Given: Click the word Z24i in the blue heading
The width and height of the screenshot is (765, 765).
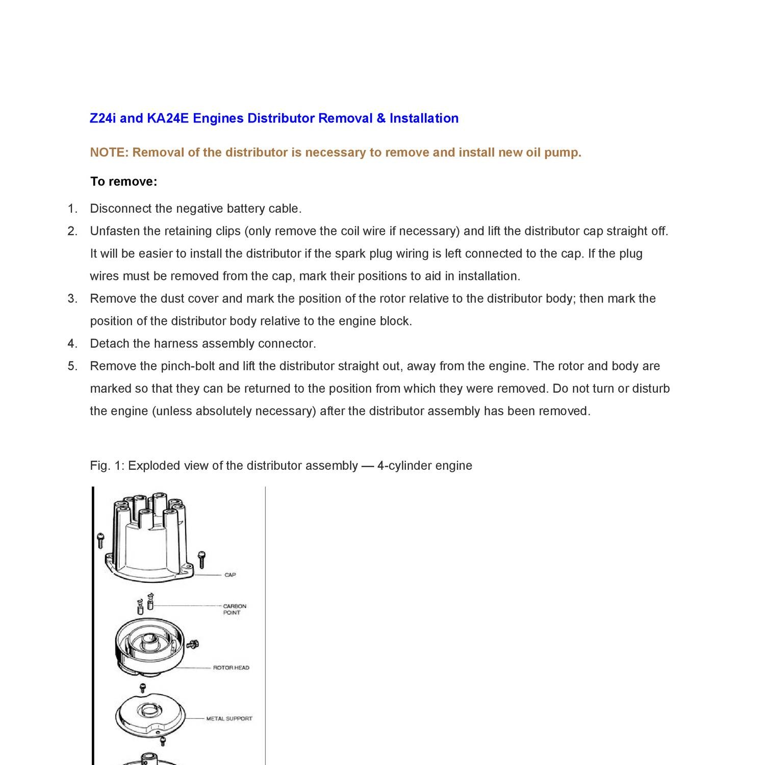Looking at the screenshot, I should pos(103,118).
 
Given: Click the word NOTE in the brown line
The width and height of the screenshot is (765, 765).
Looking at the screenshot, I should pos(109,152).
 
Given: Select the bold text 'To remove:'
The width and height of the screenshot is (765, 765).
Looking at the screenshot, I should pos(124,182).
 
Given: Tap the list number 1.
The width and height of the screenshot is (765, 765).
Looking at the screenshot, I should pos(72,209).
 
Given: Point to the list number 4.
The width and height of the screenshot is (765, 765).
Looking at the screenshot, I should pos(72,344).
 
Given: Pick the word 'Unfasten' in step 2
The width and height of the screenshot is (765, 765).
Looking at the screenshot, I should pos(115,231).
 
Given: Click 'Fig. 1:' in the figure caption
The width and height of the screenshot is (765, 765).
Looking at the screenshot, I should pos(107,466).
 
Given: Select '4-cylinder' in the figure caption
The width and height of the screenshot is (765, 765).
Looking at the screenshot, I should pos(401,466).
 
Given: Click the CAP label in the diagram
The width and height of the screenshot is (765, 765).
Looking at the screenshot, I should pos(230,575).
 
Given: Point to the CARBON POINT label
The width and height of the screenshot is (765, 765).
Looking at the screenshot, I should pos(234,609).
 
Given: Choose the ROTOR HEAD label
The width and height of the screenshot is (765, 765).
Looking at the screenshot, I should pos(231,668).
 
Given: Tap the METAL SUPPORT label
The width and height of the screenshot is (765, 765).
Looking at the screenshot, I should pos(229,719).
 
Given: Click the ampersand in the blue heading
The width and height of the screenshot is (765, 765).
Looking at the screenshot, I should pos(381,118).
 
